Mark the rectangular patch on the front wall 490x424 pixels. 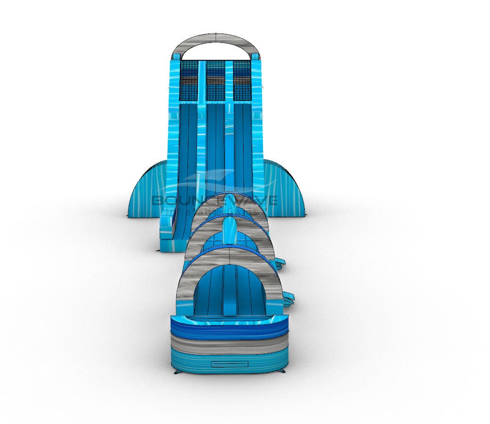(x=229, y=364)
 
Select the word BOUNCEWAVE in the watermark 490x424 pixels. (x=215, y=200)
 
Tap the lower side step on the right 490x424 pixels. (x=288, y=298)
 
